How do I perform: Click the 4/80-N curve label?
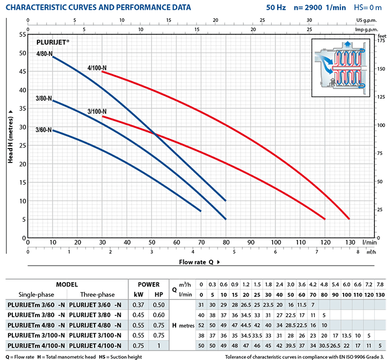pos(44,53)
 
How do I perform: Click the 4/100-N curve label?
pos(97,68)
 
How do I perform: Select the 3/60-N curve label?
pos(43,129)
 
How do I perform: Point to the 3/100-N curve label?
pos(97,112)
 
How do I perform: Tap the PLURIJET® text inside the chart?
pos(53,41)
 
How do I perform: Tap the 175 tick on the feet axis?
pos(381,40)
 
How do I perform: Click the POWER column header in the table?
pos(149,284)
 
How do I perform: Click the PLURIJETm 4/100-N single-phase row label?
pos(35,345)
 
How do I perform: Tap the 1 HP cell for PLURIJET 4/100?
pos(159,345)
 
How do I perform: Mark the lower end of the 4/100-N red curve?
pos(349,219)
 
